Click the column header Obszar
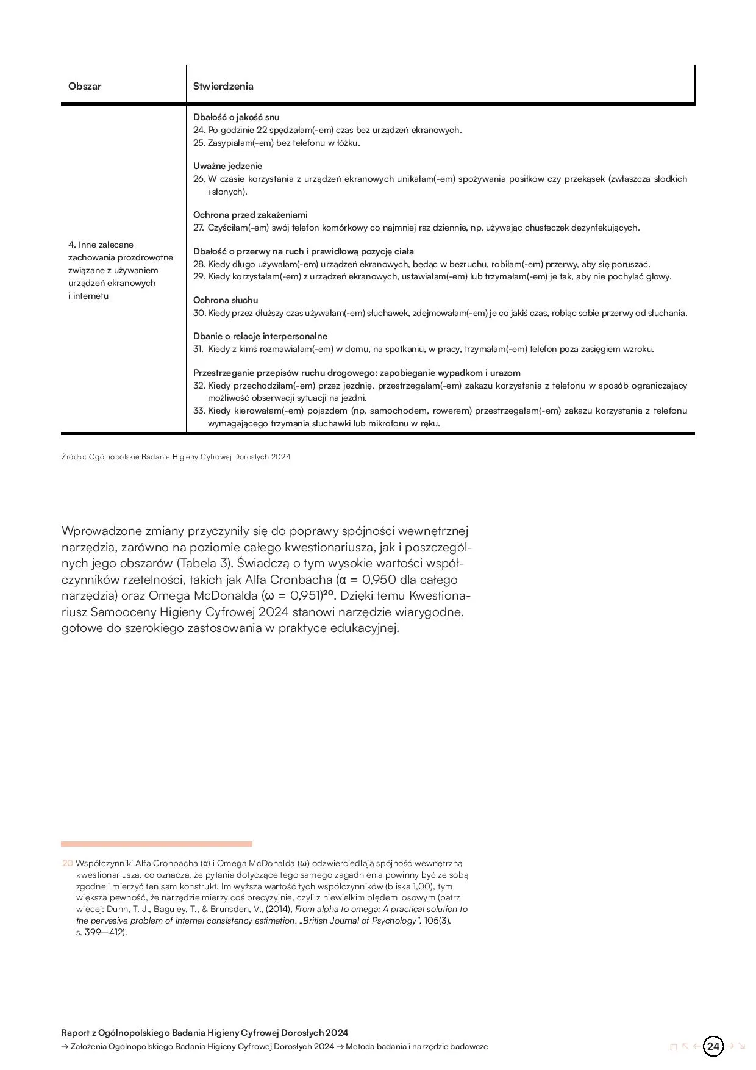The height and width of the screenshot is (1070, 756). pos(85,86)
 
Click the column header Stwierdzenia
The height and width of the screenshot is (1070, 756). pos(223,86)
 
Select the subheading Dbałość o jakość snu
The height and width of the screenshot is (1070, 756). pos(236,117)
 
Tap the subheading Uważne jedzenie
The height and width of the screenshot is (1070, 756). pos(227,166)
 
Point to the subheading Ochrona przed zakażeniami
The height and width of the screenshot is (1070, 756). pos(250,215)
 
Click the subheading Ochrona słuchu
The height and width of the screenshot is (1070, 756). pos(226,300)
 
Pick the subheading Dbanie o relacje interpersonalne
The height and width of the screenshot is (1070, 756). pos(260,336)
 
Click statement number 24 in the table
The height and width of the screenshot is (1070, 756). pos(327,130)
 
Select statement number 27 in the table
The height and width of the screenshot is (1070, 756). pos(416,228)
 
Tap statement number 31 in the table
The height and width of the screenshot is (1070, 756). pos(424,349)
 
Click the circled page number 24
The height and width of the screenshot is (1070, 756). pos(713,1046)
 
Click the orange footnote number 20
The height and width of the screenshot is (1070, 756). pos(67,863)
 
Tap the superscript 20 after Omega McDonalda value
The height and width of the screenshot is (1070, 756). pos(329,594)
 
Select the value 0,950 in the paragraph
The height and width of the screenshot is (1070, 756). pos(379,580)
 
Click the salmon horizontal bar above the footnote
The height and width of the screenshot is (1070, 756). pos(156,844)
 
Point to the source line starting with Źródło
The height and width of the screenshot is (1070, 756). pos(176,456)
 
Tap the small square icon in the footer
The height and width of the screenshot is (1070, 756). pos(673,1047)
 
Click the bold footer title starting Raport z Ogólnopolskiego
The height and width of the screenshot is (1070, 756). pos(204,1032)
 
